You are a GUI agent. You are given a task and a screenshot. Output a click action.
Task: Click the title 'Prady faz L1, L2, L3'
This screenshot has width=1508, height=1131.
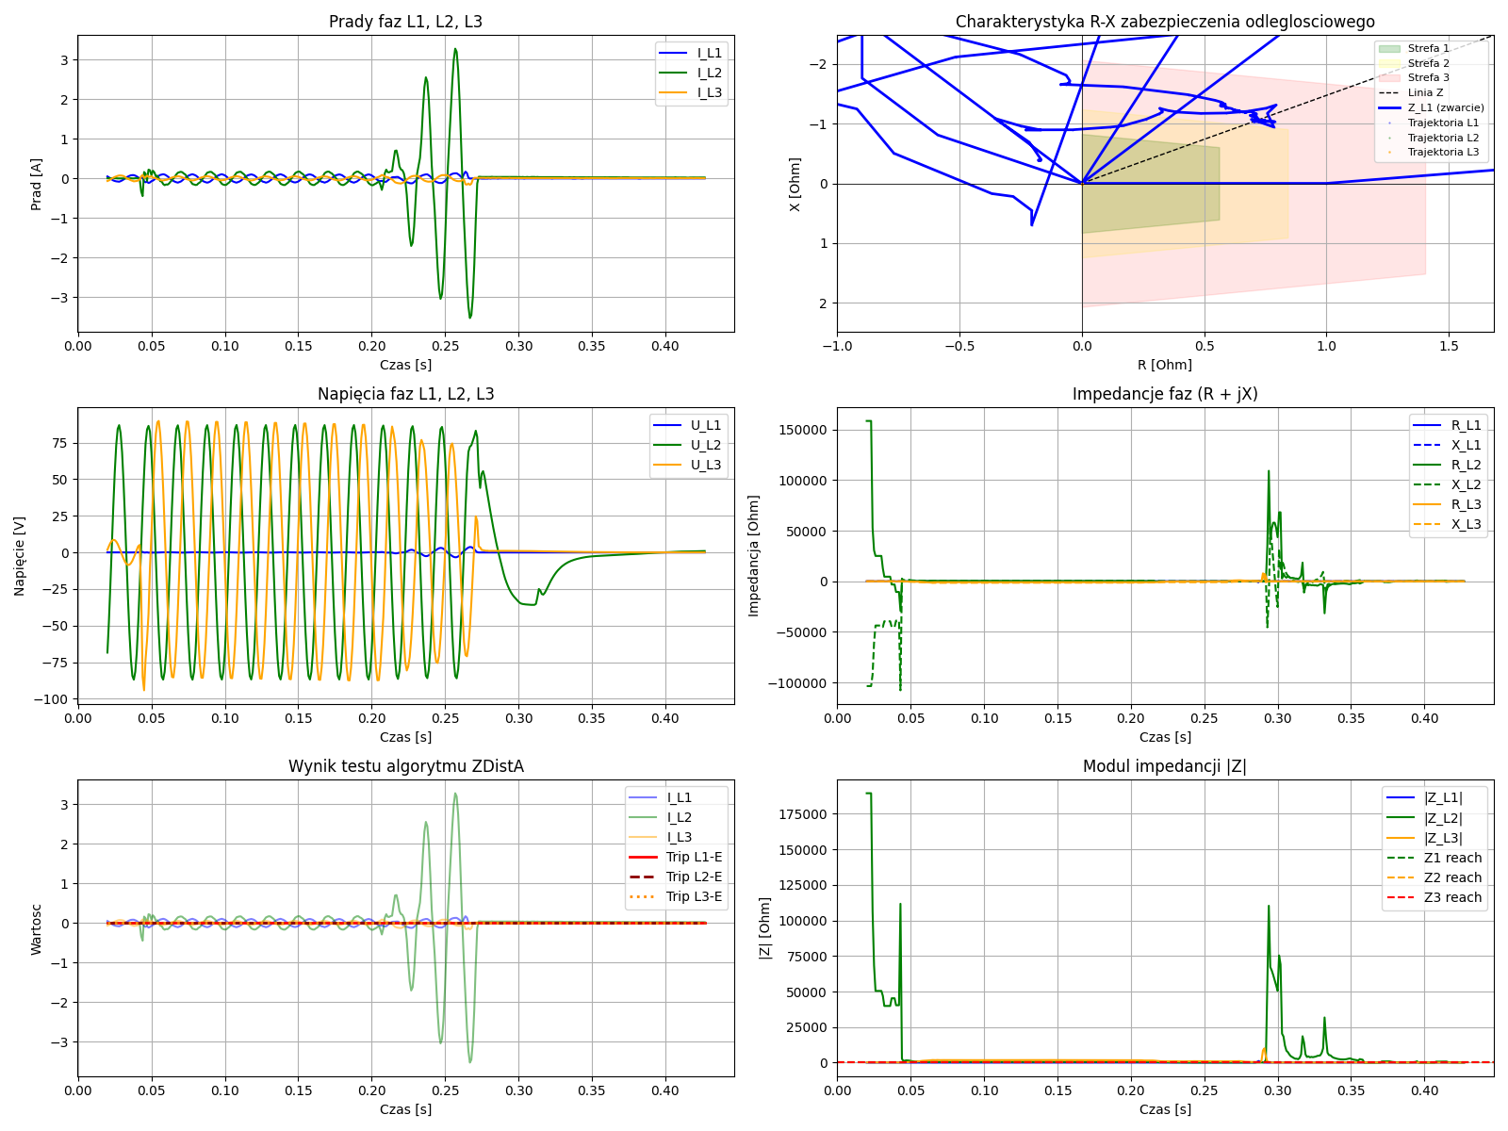point(405,22)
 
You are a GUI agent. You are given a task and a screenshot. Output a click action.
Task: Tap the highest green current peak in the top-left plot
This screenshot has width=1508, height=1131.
point(455,50)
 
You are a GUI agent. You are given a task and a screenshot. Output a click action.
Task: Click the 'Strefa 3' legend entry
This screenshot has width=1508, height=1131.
point(1428,77)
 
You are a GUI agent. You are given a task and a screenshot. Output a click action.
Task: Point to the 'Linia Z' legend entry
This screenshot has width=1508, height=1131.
point(1425,92)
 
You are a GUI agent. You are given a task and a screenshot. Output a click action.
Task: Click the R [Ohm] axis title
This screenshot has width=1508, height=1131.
point(1164,365)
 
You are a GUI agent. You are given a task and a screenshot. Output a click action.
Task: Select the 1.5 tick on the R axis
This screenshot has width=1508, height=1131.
point(1449,346)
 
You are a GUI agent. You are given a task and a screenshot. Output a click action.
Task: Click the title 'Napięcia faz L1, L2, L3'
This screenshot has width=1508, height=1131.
point(405,394)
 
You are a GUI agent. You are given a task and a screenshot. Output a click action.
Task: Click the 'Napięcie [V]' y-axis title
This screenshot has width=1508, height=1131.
point(20,556)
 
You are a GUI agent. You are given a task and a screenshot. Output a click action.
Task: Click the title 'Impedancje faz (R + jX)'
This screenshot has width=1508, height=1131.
point(1164,394)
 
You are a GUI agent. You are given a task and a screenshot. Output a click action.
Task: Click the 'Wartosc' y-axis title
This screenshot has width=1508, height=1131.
point(37,929)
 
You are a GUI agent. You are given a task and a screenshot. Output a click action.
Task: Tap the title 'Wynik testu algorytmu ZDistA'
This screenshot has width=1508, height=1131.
point(405,766)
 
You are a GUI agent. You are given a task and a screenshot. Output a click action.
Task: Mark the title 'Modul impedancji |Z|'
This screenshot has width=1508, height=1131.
point(1164,766)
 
